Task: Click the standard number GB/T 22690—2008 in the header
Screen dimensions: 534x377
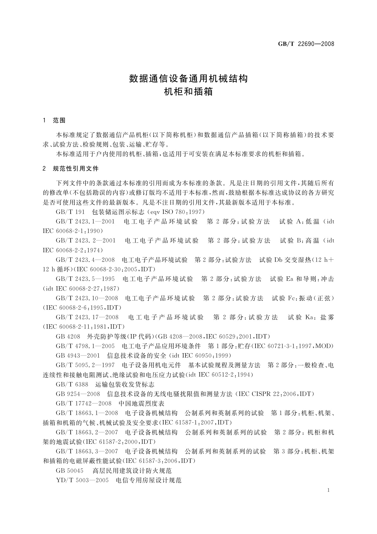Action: (x=306, y=44)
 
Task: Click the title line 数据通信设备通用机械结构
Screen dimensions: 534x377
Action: (x=188, y=78)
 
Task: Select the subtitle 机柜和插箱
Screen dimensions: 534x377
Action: (x=188, y=92)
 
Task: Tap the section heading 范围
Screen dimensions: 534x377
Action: (x=59, y=120)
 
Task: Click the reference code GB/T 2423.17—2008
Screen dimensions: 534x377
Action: (x=87, y=317)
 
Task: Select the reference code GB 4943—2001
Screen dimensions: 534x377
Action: (x=78, y=355)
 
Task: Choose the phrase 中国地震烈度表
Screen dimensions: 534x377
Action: (x=141, y=403)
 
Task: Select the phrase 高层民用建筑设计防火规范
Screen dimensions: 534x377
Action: (x=132, y=471)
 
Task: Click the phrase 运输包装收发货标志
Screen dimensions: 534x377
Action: (x=125, y=384)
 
